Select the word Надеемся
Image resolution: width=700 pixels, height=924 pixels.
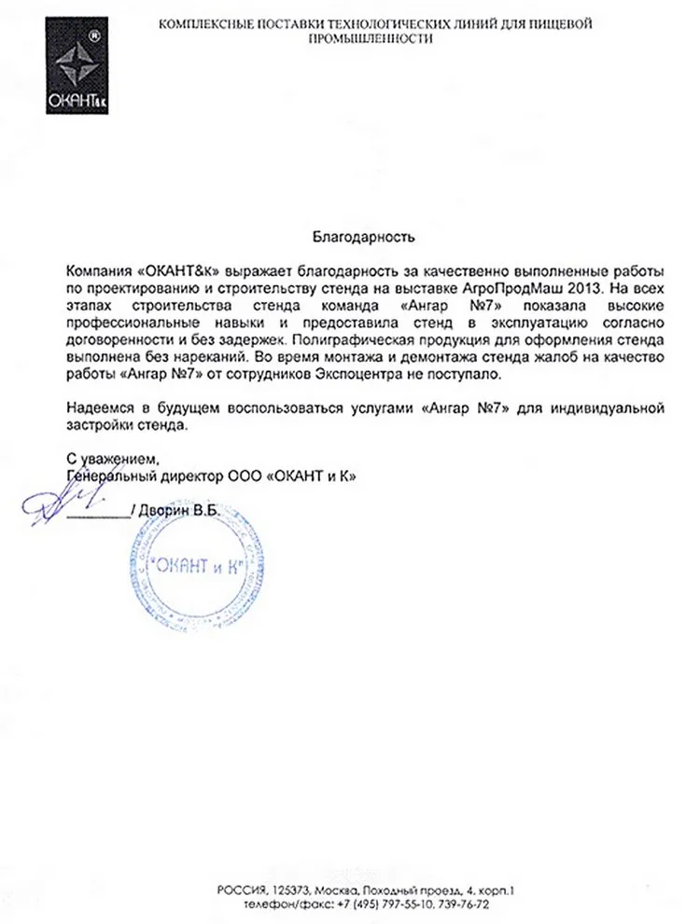point(95,407)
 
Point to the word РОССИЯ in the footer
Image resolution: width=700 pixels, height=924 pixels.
point(240,890)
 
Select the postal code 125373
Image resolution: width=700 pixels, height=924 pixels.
point(292,890)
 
